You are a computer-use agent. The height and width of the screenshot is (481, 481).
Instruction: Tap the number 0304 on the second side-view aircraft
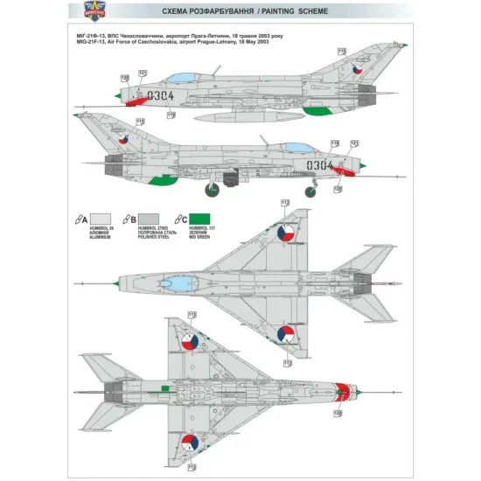[x=323, y=164]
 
